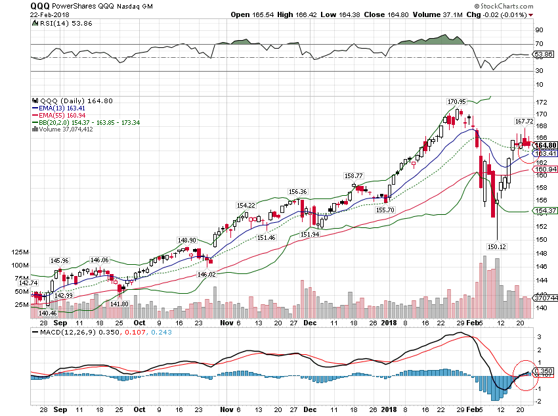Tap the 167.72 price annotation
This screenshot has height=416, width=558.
pos(523,121)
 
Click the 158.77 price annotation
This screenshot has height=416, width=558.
pos(354,176)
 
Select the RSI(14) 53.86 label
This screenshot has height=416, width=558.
pos(57,22)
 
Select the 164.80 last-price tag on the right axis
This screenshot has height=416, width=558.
pos(545,145)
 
